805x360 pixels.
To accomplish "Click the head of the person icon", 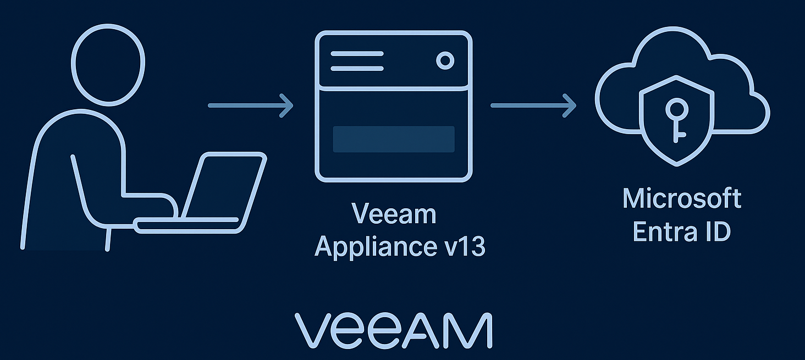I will click(x=108, y=64).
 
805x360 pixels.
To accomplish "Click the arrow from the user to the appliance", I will click(x=250, y=105).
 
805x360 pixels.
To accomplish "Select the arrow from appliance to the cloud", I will click(x=533, y=105).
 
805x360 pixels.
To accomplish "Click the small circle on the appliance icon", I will click(x=445, y=60).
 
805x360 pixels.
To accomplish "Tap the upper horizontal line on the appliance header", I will click(x=356, y=54).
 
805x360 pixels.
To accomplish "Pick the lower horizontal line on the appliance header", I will click(x=356, y=69).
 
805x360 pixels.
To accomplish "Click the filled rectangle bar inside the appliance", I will click(x=394, y=139).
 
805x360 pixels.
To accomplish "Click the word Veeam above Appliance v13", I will click(x=394, y=214).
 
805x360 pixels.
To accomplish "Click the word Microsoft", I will click(x=682, y=198).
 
